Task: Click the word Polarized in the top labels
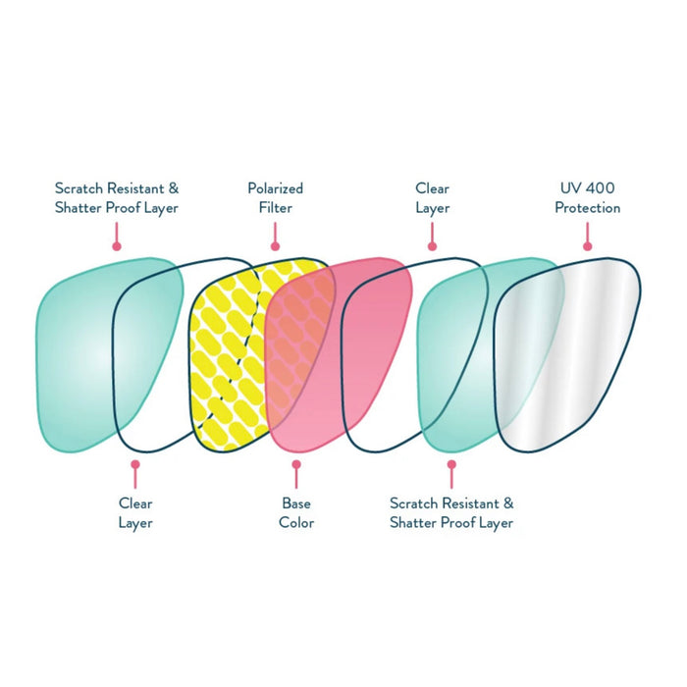click(x=275, y=187)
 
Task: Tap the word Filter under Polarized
click(x=275, y=207)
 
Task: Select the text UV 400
click(x=587, y=187)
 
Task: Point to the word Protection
click(x=587, y=207)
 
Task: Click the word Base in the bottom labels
click(x=296, y=503)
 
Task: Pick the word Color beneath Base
click(x=296, y=523)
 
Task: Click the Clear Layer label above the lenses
click(x=432, y=197)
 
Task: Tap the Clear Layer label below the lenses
click(x=135, y=513)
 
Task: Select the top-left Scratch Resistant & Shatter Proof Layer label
click(x=117, y=197)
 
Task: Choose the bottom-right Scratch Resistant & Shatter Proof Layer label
click(x=451, y=513)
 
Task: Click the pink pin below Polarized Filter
click(x=276, y=245)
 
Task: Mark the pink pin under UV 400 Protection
click(x=587, y=245)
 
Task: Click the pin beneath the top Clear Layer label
click(x=432, y=245)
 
